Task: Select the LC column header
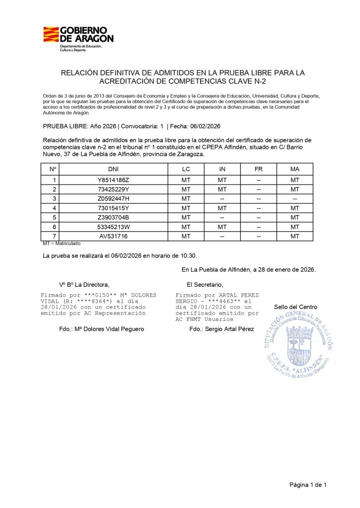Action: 186,169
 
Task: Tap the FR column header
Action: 258,169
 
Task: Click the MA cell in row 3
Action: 295,199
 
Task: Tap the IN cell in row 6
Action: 222,227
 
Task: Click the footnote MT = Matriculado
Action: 62,244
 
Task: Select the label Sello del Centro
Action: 295,307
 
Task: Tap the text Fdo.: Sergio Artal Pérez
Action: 221,329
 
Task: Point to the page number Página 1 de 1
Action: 308,484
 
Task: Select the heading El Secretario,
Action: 205,285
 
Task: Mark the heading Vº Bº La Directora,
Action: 84,285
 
